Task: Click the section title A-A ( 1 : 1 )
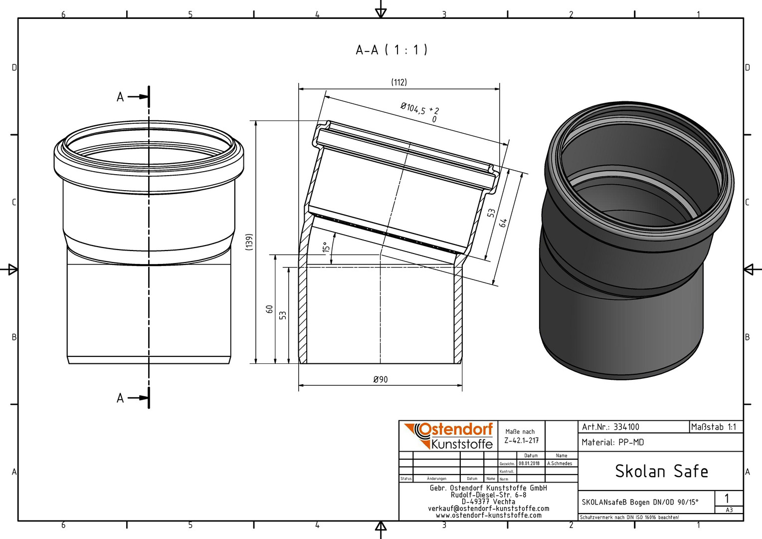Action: point(391,50)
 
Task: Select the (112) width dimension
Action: point(398,82)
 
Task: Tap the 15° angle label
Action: point(326,247)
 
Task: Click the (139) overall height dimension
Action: point(249,242)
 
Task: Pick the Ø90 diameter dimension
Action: point(381,379)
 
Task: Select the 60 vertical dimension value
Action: point(269,309)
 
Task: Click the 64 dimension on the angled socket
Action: point(504,223)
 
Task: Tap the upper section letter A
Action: point(120,97)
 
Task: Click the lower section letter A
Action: point(120,398)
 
